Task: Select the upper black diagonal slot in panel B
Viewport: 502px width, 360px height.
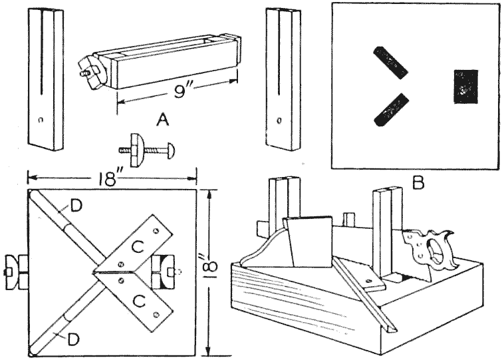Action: tap(390, 62)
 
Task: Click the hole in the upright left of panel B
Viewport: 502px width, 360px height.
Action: tap(280, 121)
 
